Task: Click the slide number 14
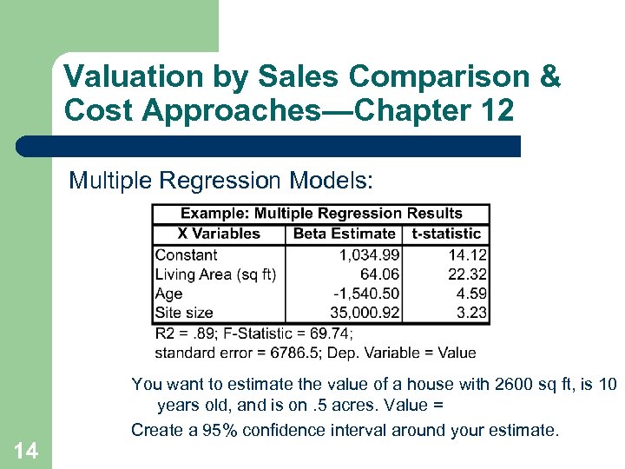point(26,450)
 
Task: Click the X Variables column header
point(219,234)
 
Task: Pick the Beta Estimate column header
point(344,234)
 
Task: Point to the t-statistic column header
point(446,234)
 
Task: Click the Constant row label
point(186,255)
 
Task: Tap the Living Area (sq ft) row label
point(215,274)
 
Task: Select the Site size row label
point(183,313)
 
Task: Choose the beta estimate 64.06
point(379,274)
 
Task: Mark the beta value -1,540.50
point(363,294)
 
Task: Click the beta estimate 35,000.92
point(365,313)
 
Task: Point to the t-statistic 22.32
point(468,274)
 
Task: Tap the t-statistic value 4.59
point(472,294)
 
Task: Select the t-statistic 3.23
point(472,313)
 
